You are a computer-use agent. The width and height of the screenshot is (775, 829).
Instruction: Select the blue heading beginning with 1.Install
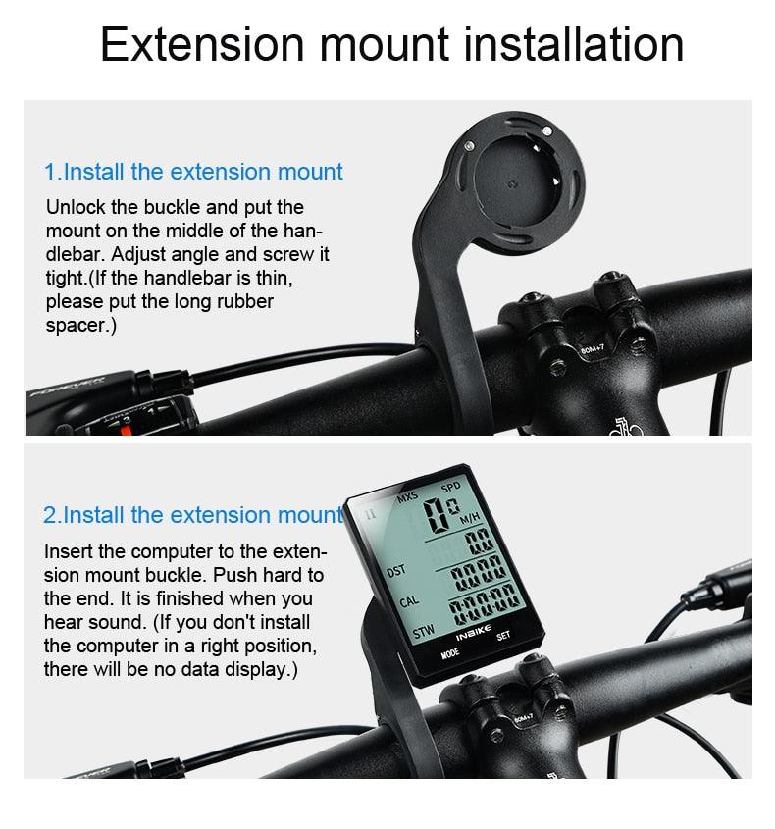pos(193,172)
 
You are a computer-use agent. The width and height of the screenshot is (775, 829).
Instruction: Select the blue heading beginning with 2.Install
pos(193,514)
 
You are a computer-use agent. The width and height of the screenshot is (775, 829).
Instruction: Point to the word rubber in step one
pos(243,301)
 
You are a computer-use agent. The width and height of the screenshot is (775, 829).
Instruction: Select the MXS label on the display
pos(406,498)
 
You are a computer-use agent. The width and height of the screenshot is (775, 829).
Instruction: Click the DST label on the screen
pos(396,570)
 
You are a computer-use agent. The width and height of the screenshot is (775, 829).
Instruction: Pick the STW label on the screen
pos(422,634)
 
